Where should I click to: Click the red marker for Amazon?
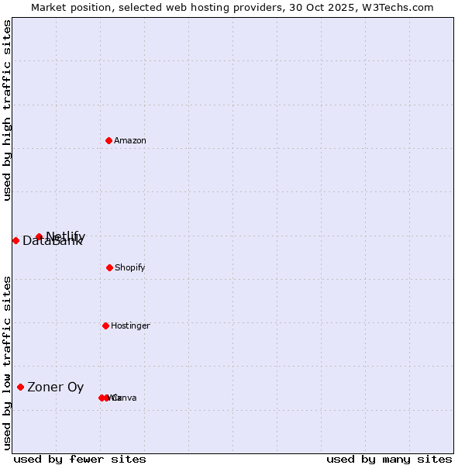tap(109, 140)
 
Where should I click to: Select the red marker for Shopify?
tap(109, 267)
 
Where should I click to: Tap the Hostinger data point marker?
tap(105, 325)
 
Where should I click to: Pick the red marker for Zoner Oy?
tap(21, 387)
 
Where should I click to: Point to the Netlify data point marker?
tap(39, 236)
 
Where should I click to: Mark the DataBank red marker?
tap(15, 240)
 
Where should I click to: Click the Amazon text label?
tap(130, 140)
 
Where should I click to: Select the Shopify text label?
tap(130, 267)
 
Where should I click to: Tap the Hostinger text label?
tap(130, 325)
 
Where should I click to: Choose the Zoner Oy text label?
tap(56, 387)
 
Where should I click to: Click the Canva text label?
tap(124, 398)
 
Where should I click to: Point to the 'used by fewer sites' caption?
tap(80, 459)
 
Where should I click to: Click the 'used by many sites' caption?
tap(389, 459)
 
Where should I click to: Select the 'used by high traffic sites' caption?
tap(7, 110)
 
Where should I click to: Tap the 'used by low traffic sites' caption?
tap(7, 363)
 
